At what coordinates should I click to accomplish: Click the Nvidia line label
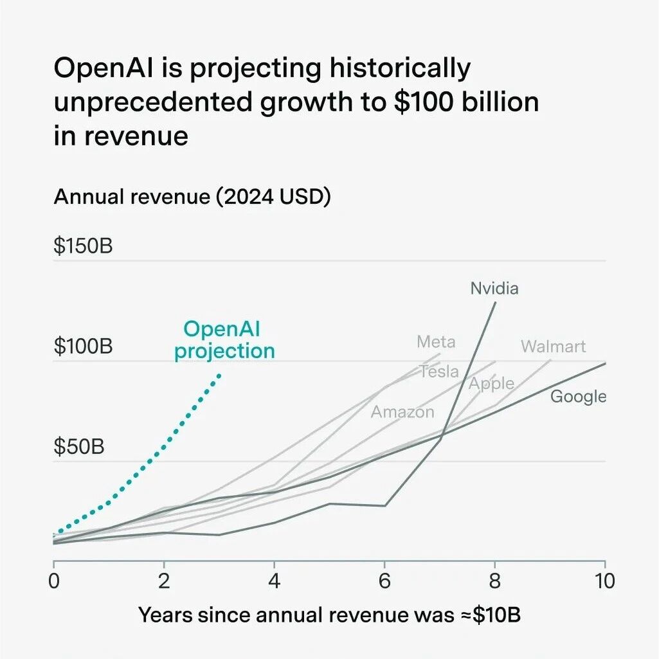click(494, 288)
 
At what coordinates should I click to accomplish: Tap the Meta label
click(436, 341)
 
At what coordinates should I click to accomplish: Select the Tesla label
click(439, 371)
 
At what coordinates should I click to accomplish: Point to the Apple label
click(491, 384)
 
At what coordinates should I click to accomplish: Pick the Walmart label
click(553, 347)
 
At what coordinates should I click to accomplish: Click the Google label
click(578, 397)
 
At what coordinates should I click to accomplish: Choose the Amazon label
click(402, 412)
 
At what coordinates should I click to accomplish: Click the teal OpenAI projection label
click(224, 340)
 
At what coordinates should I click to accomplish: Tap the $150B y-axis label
click(83, 246)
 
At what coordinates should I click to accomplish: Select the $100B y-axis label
click(83, 347)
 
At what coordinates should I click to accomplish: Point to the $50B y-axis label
click(78, 447)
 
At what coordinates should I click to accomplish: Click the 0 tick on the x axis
click(54, 581)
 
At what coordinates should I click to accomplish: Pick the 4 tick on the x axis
click(275, 581)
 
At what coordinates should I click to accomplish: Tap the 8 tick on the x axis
click(494, 581)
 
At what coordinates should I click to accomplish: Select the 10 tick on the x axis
click(605, 581)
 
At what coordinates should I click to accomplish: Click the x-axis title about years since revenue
click(329, 615)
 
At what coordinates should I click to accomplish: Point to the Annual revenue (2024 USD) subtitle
click(192, 197)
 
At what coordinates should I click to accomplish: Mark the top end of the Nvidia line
click(495, 302)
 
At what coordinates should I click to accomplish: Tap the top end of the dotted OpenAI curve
click(220, 374)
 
